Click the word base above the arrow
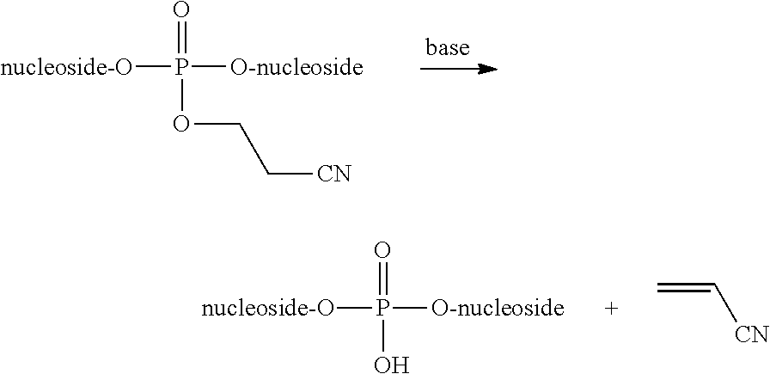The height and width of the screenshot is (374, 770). (448, 48)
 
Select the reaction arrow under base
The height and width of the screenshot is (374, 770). (459, 69)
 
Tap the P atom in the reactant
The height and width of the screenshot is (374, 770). (180, 68)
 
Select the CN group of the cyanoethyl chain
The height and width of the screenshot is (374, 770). (333, 175)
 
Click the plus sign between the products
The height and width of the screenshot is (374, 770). (611, 309)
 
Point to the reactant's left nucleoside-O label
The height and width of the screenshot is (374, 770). (66, 68)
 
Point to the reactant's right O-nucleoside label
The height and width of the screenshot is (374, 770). (296, 68)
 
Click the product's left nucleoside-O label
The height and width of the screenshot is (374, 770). (267, 308)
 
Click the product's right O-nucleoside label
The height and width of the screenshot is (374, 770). (498, 308)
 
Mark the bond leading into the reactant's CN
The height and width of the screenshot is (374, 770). (290, 175)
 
